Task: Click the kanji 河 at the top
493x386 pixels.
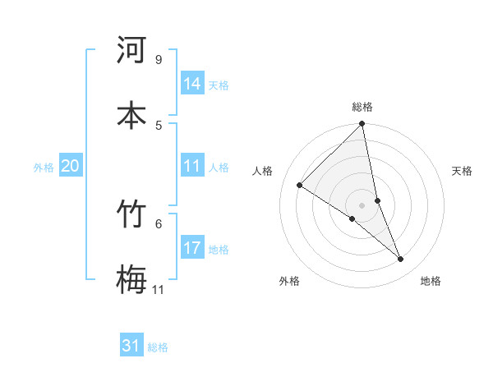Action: point(131,50)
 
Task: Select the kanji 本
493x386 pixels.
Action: point(131,114)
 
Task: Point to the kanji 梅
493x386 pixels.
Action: point(131,279)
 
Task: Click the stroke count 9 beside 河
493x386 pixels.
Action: point(158,59)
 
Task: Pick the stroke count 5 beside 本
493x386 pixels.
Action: point(158,124)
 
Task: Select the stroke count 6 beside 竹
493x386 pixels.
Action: point(158,223)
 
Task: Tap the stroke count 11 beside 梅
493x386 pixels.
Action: point(158,289)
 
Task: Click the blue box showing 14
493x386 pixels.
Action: point(192,84)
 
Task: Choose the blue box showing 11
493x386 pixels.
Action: point(192,166)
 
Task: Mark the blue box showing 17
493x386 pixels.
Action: point(192,248)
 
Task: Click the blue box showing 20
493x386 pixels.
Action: point(70,166)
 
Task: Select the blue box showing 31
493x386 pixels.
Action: point(131,346)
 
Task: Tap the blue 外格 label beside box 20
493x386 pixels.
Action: point(44,168)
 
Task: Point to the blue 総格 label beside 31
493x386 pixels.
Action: point(158,347)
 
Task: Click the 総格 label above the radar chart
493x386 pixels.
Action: point(362,107)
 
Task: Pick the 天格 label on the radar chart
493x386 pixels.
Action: point(463,171)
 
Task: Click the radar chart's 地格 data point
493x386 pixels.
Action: point(401,260)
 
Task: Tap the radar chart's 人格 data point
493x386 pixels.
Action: point(300,186)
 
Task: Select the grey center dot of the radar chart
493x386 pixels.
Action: point(362,204)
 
